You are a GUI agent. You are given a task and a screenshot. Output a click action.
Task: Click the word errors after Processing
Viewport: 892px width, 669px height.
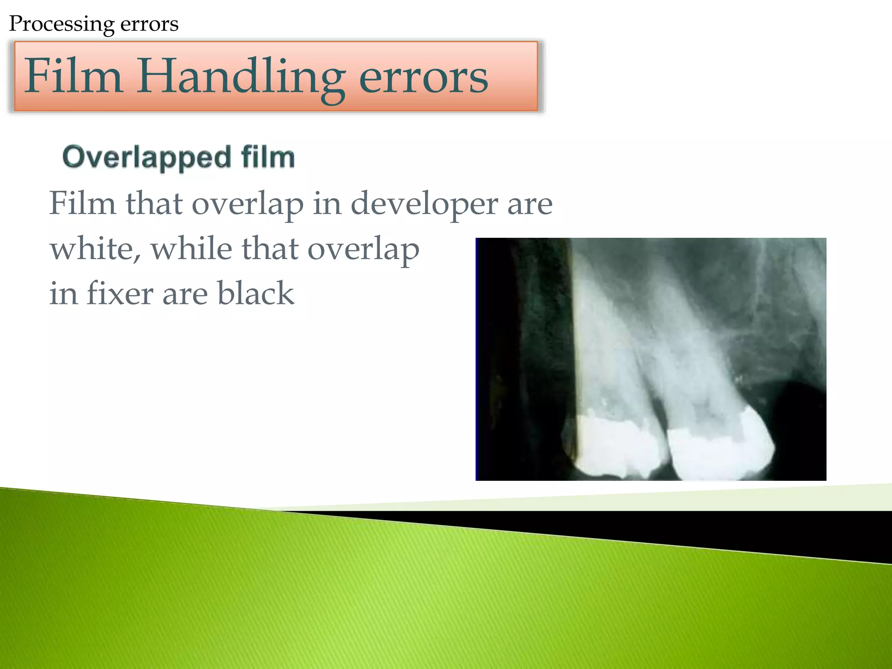click(149, 24)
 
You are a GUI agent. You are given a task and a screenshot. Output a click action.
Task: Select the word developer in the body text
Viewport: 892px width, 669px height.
click(424, 204)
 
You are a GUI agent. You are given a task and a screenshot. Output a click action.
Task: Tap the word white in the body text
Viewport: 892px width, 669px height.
click(95, 249)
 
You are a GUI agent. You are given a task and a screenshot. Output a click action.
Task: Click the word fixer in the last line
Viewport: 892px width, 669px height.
click(120, 294)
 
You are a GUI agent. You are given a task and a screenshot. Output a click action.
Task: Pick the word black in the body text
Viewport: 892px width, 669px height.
click(256, 294)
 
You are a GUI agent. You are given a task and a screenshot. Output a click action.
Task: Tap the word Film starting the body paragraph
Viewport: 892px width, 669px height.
click(82, 204)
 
